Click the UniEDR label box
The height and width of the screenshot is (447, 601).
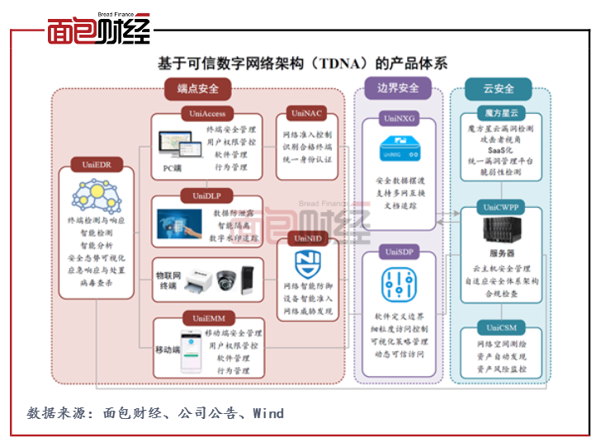point(97,164)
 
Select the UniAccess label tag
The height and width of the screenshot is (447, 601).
point(207,114)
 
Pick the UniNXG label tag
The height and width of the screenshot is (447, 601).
point(399,118)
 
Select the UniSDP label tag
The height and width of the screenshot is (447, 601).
point(399,250)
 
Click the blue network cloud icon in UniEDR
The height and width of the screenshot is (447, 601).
point(97,195)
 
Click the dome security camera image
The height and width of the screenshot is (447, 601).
point(228,280)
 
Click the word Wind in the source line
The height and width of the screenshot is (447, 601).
point(268,412)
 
